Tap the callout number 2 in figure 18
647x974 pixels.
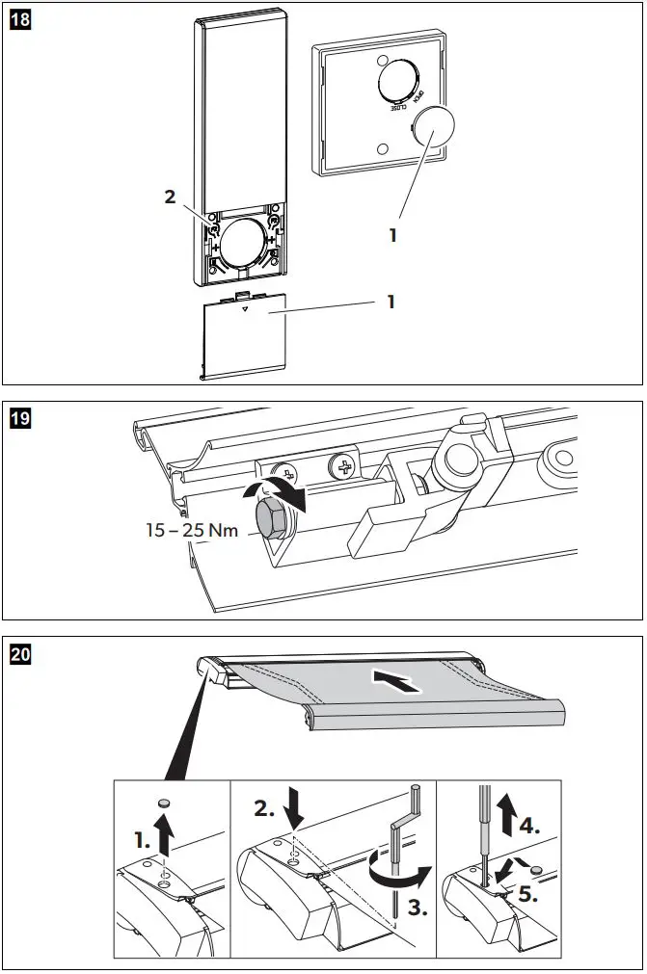[170, 197]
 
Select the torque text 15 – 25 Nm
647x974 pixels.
[194, 529]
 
